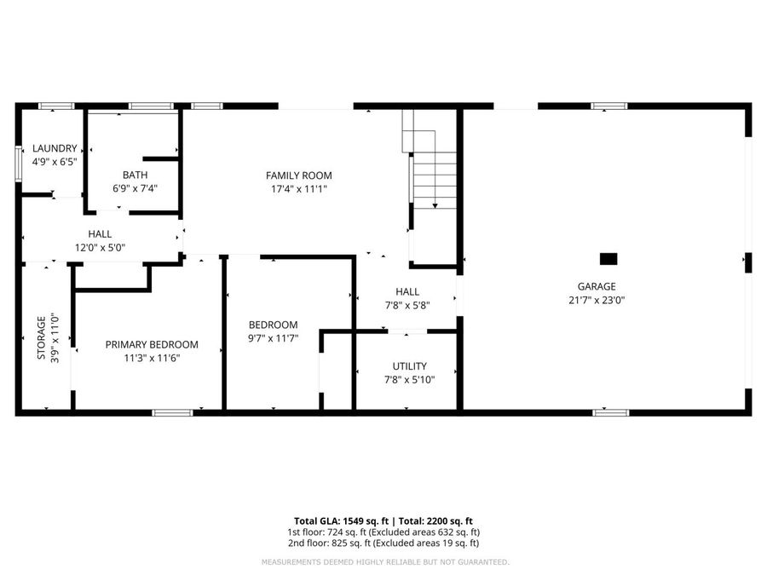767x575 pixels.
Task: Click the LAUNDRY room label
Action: click(55, 147)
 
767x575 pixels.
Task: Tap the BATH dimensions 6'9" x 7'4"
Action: click(136, 189)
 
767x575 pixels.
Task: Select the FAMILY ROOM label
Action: click(298, 175)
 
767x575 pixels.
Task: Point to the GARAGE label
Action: click(596, 287)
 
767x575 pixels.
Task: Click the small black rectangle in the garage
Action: click(608, 258)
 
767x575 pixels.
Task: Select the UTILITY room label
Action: click(409, 366)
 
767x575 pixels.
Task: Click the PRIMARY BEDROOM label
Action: click(152, 345)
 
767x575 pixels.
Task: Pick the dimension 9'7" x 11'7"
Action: click(273, 338)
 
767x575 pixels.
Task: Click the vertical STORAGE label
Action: click(40, 338)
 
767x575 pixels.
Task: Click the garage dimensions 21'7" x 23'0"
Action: click(596, 301)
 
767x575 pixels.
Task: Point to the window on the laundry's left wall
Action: click(19, 163)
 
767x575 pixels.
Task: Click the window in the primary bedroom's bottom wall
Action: click(172, 413)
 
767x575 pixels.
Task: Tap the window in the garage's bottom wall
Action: click(610, 413)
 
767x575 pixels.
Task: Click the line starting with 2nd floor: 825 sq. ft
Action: click(383, 543)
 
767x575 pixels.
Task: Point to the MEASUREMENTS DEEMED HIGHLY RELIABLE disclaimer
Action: click(384, 562)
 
